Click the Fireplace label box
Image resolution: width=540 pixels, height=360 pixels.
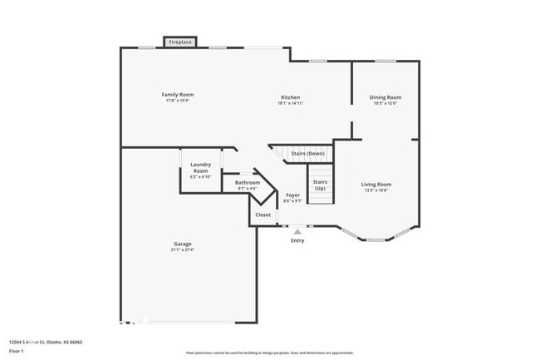[180, 42]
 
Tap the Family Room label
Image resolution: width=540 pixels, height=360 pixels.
[177, 95]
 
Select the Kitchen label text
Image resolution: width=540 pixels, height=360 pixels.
[290, 97]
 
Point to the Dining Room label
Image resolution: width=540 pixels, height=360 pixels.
[385, 97]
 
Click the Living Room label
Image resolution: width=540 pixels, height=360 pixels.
[376, 184]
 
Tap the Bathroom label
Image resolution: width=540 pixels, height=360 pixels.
[248, 183]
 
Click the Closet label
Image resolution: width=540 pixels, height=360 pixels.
[263, 215]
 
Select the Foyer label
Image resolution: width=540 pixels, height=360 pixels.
[292, 195]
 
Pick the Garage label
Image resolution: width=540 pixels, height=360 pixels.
[183, 244]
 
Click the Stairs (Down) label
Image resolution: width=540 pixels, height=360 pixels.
[307, 154]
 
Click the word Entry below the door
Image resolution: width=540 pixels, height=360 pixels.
[297, 240]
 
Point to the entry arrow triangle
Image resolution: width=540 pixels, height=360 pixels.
[297, 230]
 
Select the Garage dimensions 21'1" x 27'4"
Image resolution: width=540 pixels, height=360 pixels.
[183, 249]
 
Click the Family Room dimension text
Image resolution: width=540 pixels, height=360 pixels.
[177, 101]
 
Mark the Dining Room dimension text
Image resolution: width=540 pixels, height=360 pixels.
[385, 103]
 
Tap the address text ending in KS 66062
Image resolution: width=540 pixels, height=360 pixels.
[46, 342]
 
